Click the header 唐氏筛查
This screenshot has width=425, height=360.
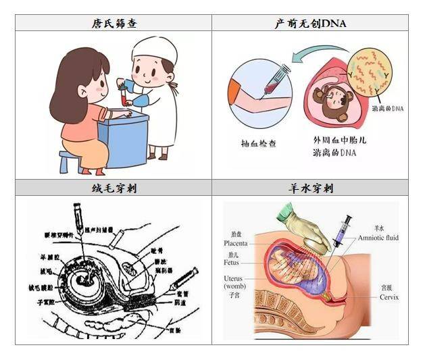pos(114,23)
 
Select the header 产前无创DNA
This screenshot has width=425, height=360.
pos(310,23)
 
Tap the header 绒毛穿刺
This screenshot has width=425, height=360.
pos(114,188)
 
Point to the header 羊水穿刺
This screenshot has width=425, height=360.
pos(310,188)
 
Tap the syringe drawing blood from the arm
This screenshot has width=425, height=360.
pos(271,80)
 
